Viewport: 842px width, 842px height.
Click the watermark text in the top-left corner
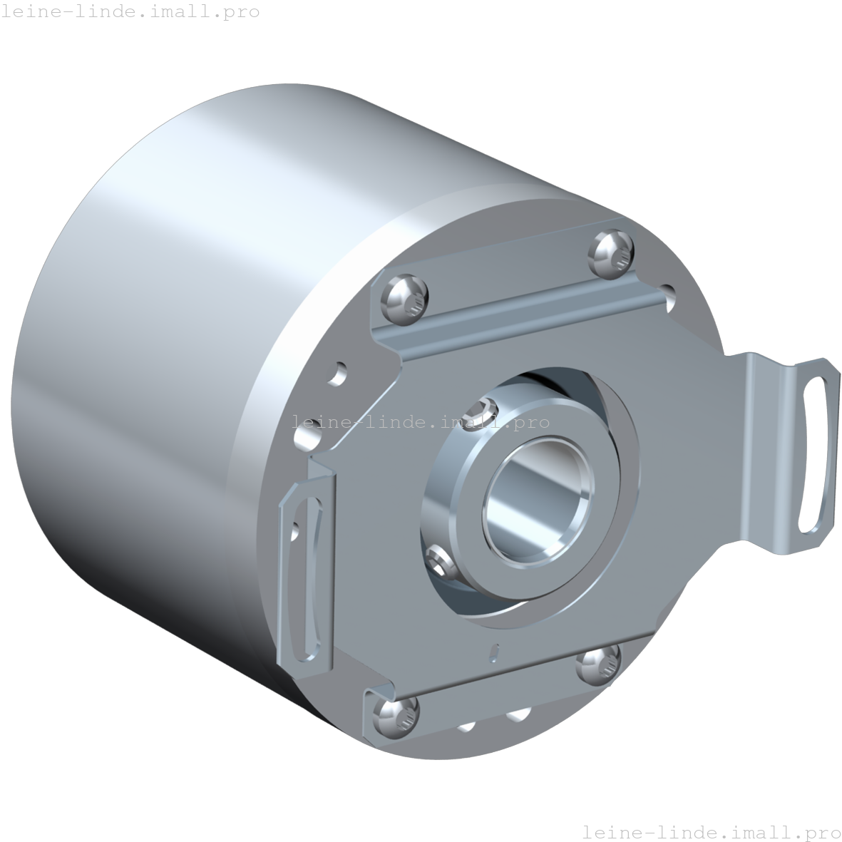(x=130, y=12)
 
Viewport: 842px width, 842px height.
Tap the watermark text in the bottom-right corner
(x=711, y=831)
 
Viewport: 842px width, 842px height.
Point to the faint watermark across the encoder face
(x=422, y=422)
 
